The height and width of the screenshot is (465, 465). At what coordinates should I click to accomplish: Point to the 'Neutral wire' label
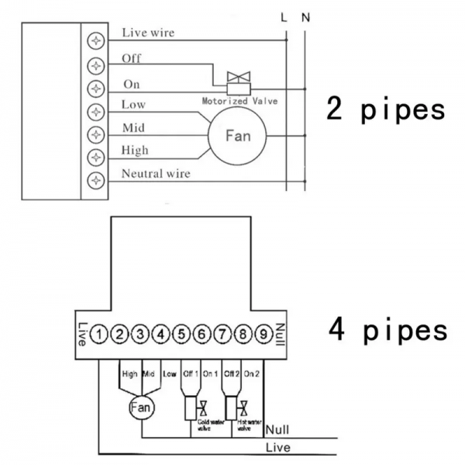click(x=155, y=174)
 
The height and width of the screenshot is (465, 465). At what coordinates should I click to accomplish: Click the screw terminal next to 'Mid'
click(x=96, y=134)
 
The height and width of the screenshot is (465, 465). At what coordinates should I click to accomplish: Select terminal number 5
click(x=181, y=335)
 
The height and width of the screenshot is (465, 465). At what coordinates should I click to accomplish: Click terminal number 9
click(x=263, y=335)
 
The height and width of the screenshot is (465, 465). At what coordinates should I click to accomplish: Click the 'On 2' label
click(x=252, y=374)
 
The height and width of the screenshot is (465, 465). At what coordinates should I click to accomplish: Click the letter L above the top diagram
click(x=284, y=16)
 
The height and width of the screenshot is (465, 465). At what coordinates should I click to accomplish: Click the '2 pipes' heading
click(x=385, y=109)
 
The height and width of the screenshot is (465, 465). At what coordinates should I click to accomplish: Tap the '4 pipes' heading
click(x=385, y=330)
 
